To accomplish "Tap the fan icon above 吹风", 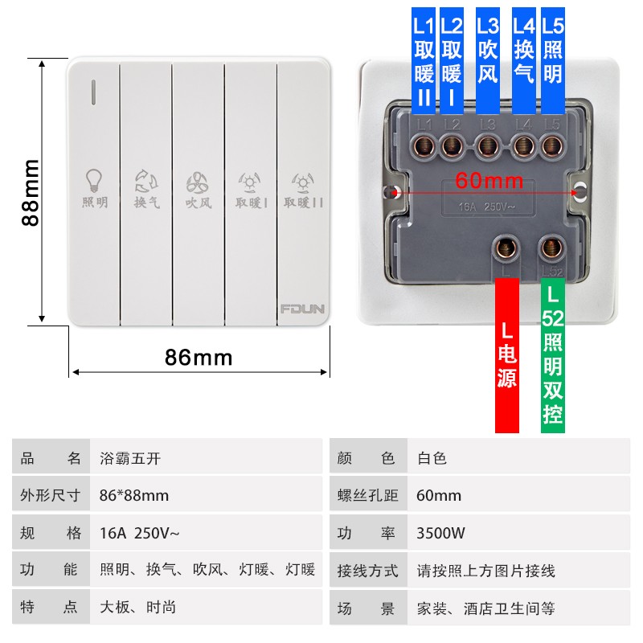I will [x=199, y=181].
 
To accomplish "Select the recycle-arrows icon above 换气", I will [x=146, y=181].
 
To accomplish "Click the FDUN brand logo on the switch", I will [x=302, y=308].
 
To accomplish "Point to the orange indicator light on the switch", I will [x=94, y=92].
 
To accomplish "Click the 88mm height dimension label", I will [x=31, y=192].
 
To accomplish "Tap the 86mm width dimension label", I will [x=199, y=357].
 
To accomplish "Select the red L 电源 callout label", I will [x=507, y=354].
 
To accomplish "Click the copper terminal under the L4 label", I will [x=524, y=146].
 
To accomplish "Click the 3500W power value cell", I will [x=439, y=533].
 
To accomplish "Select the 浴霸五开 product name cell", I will [x=129, y=458].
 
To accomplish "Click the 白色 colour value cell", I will [x=432, y=458].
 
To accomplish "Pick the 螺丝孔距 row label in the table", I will [x=367, y=495].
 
